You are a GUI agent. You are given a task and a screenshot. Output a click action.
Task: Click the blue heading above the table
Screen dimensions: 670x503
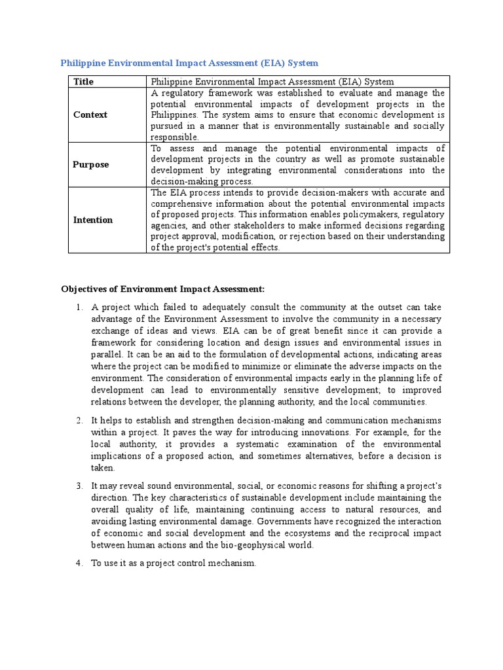point(189,63)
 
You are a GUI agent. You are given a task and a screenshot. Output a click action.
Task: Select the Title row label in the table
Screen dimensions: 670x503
point(83,82)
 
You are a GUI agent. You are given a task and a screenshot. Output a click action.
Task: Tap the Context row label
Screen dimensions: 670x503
point(90,115)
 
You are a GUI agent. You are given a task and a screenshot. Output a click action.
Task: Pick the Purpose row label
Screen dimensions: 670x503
point(91,164)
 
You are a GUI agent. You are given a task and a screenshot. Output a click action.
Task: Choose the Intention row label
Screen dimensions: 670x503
point(93,220)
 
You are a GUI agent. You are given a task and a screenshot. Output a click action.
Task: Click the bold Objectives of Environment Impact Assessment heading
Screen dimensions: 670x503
point(162,289)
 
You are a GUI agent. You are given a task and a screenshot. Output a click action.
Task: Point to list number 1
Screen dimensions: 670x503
point(78,307)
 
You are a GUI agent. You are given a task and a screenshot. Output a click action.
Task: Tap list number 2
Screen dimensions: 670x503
point(78,420)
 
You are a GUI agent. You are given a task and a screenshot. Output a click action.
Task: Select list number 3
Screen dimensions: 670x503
point(78,485)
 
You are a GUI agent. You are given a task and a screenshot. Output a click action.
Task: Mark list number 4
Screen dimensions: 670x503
point(78,563)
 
